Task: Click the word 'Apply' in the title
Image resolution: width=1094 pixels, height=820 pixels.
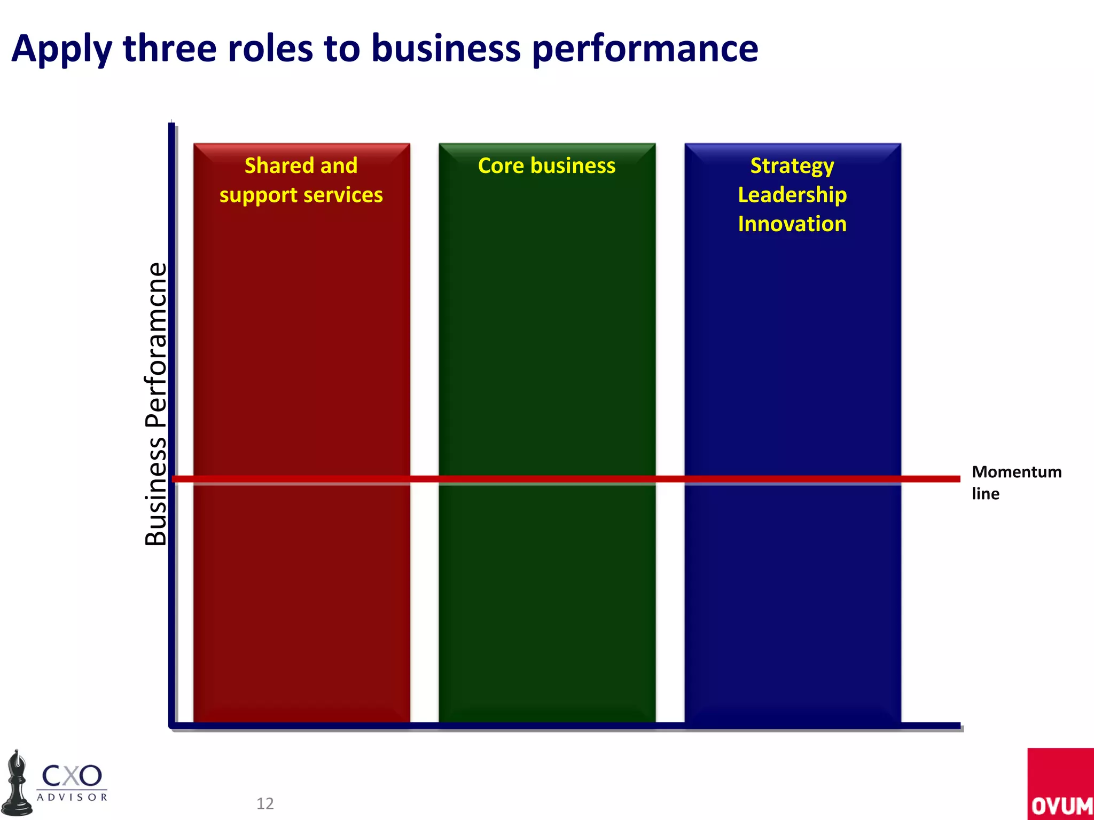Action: pos(61,49)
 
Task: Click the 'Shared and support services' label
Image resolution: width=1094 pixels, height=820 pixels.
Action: pos(301,180)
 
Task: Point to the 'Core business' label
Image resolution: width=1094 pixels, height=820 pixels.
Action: pos(546,165)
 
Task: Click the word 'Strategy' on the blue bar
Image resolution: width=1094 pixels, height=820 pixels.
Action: pos(792,166)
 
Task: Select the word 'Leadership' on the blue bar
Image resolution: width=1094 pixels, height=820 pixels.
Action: pos(792,195)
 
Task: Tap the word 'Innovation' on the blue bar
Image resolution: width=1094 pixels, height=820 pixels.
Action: pos(792,224)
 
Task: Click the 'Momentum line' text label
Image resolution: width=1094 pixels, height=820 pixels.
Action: pos(1016,483)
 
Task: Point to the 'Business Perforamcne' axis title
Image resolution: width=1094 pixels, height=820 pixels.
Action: pos(156,404)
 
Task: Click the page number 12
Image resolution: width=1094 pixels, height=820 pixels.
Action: pos(265,803)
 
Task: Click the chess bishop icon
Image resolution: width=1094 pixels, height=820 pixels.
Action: pos(18,784)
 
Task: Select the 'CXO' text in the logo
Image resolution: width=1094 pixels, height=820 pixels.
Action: pos(72,775)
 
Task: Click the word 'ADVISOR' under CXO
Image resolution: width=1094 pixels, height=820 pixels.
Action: pos(72,797)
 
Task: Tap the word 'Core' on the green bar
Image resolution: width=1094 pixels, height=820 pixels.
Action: pos(501,165)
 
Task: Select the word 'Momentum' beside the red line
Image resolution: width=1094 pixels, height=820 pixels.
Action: pos(1017,472)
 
